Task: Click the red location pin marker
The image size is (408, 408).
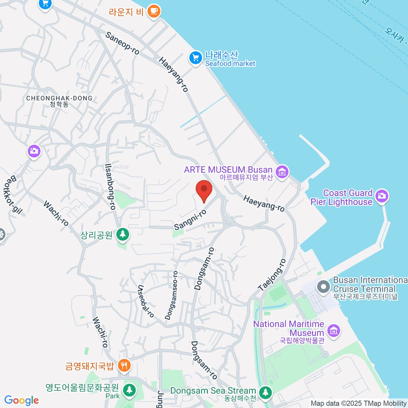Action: point(204,190)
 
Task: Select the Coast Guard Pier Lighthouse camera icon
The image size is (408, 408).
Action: point(382,196)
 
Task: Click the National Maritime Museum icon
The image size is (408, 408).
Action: point(333,330)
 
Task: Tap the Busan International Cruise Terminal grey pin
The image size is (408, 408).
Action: point(323,286)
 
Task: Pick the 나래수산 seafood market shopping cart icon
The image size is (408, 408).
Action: point(195,58)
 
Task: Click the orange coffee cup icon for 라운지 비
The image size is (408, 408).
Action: point(154,11)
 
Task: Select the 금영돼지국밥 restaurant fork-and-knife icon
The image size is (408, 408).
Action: point(124,366)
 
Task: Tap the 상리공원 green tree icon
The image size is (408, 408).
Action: point(122,234)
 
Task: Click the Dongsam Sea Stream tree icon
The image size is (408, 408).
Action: point(265,393)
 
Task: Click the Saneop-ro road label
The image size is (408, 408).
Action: point(122,43)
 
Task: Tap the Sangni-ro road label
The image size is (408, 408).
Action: point(190,220)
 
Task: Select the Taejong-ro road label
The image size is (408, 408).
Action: point(272,275)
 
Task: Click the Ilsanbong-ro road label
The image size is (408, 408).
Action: point(110,187)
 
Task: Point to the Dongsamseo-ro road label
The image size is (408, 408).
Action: point(171,295)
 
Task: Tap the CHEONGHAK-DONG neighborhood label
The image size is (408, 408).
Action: point(59,98)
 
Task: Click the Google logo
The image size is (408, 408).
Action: point(21,401)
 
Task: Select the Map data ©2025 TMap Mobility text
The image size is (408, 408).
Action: point(358,404)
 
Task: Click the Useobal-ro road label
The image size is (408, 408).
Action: point(146,301)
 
